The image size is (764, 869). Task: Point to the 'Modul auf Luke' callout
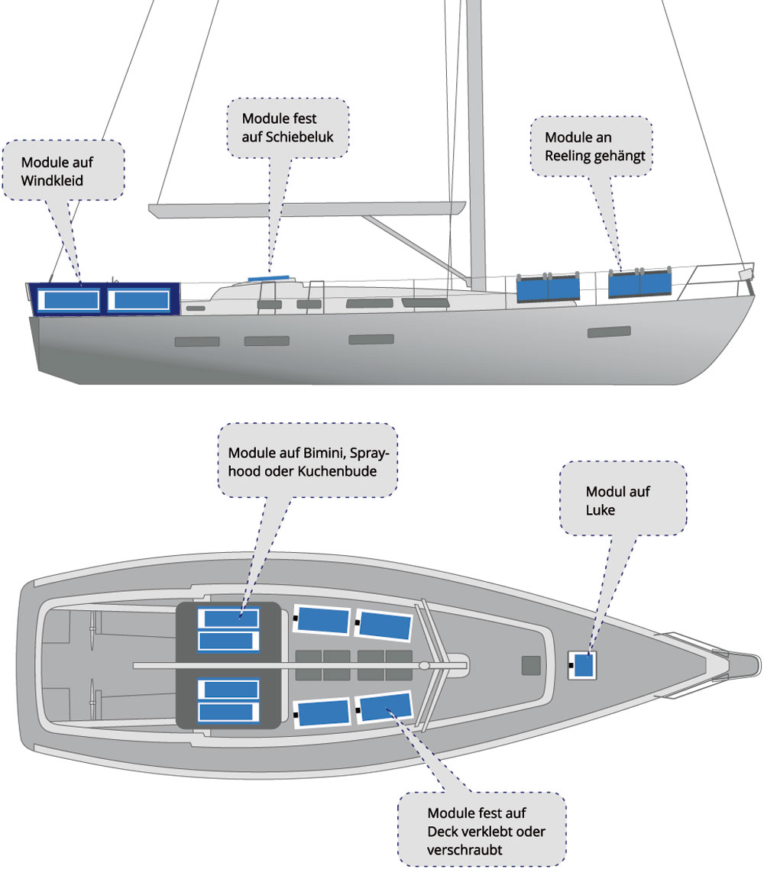[x=623, y=499]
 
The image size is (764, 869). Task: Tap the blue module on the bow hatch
[x=584, y=665]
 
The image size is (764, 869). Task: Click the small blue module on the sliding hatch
[x=268, y=279]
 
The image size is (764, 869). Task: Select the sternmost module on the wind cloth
[x=69, y=300]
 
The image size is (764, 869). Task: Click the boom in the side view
[x=306, y=208]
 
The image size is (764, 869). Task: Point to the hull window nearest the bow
[x=608, y=332]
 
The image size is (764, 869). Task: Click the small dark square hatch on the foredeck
[x=530, y=666]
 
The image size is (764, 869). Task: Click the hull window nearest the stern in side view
[x=197, y=341]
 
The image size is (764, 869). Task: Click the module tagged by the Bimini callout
[x=228, y=618]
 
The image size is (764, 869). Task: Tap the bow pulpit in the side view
[x=718, y=272]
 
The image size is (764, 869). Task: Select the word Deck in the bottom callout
[x=442, y=831]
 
